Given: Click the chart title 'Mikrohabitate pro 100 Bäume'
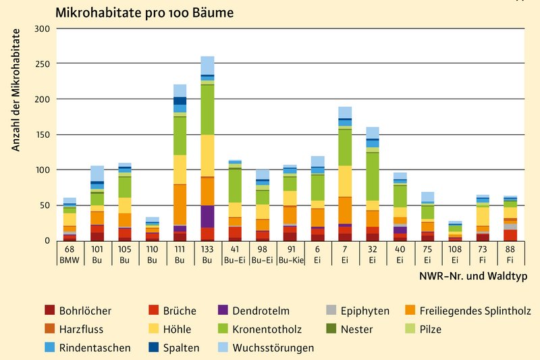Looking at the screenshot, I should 146,13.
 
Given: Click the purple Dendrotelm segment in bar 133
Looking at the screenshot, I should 207,216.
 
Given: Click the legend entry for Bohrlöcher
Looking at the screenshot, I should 78,311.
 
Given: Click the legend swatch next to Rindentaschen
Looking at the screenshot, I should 49,348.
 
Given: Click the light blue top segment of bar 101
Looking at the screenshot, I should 97,174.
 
